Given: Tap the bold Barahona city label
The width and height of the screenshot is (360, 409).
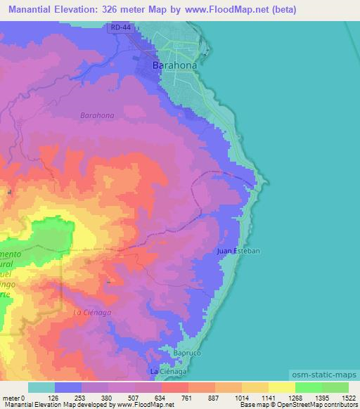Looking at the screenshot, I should (x=174, y=65).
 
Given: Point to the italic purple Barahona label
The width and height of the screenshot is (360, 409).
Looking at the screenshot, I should (x=97, y=114).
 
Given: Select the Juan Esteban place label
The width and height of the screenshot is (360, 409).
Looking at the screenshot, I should (x=239, y=250).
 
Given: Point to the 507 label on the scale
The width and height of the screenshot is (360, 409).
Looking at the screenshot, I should (x=121, y=397).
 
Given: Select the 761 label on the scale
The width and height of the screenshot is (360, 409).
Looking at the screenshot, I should (x=174, y=397).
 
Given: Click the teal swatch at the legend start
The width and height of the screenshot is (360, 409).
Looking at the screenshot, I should (x=41, y=387).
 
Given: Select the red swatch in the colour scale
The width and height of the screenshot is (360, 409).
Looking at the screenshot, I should (x=174, y=387).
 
